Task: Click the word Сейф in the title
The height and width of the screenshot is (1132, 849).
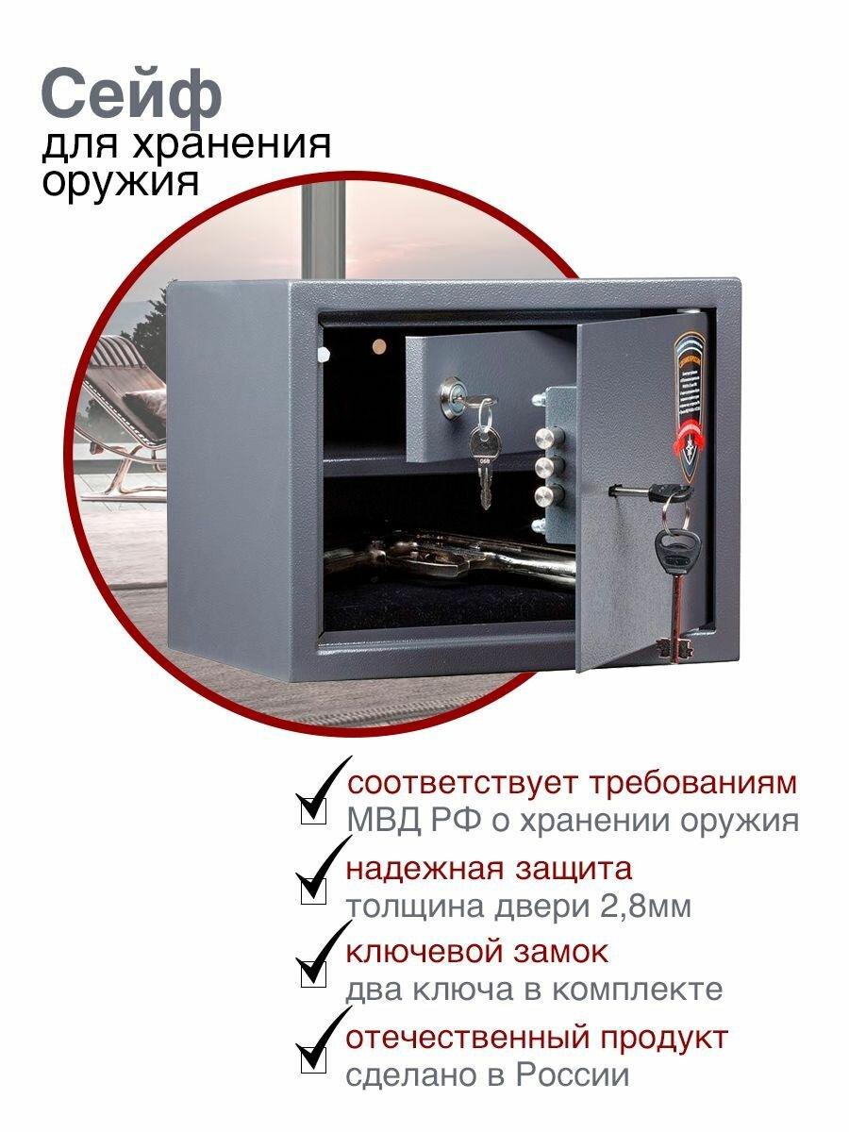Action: [131, 97]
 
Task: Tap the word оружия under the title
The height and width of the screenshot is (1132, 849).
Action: [121, 182]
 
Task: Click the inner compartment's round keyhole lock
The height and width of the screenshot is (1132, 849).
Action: [450, 397]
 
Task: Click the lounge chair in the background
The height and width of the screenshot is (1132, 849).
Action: [132, 406]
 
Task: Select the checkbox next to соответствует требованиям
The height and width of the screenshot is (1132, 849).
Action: [313, 808]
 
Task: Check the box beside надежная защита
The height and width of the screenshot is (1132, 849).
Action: [313, 890]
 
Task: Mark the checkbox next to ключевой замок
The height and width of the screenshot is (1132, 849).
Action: [313, 973]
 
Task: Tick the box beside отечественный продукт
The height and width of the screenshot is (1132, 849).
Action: [313, 1057]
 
